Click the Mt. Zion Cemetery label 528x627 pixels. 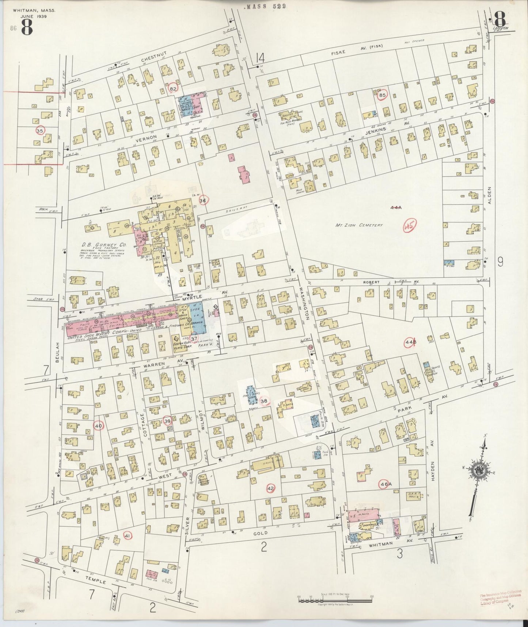(x=359, y=225)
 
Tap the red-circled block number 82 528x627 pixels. (x=173, y=88)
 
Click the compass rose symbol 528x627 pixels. (x=478, y=471)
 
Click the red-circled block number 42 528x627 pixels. (x=270, y=488)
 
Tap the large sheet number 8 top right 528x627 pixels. (x=499, y=18)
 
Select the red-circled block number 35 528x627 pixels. (x=40, y=130)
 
